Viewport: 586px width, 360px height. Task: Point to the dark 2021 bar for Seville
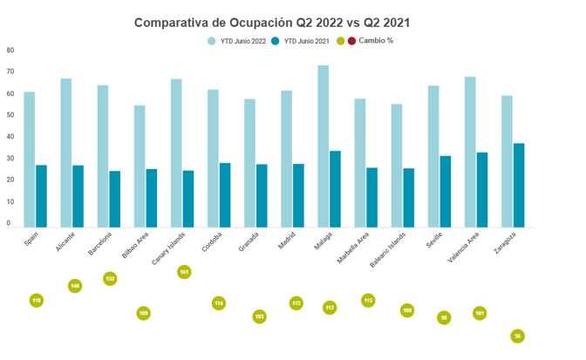pyautogui.click(x=446, y=191)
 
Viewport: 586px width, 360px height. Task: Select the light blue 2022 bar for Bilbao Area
pyautogui.click(x=140, y=166)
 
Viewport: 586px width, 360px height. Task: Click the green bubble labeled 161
pyautogui.click(x=184, y=272)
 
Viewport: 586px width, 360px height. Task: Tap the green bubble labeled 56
pyautogui.click(x=518, y=336)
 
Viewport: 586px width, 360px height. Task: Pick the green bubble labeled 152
pyautogui.click(x=110, y=279)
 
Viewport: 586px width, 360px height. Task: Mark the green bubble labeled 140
pyautogui.click(x=75, y=286)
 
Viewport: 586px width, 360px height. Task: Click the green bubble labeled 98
pyautogui.click(x=444, y=318)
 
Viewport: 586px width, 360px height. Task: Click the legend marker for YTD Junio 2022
pyautogui.click(x=212, y=41)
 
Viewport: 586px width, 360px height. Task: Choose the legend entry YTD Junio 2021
pyautogui.click(x=309, y=41)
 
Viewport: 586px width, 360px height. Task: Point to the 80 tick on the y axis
pyautogui.click(x=10, y=50)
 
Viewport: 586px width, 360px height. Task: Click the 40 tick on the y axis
pyautogui.click(x=10, y=136)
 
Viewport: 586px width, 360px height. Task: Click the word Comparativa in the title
pyautogui.click(x=174, y=23)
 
